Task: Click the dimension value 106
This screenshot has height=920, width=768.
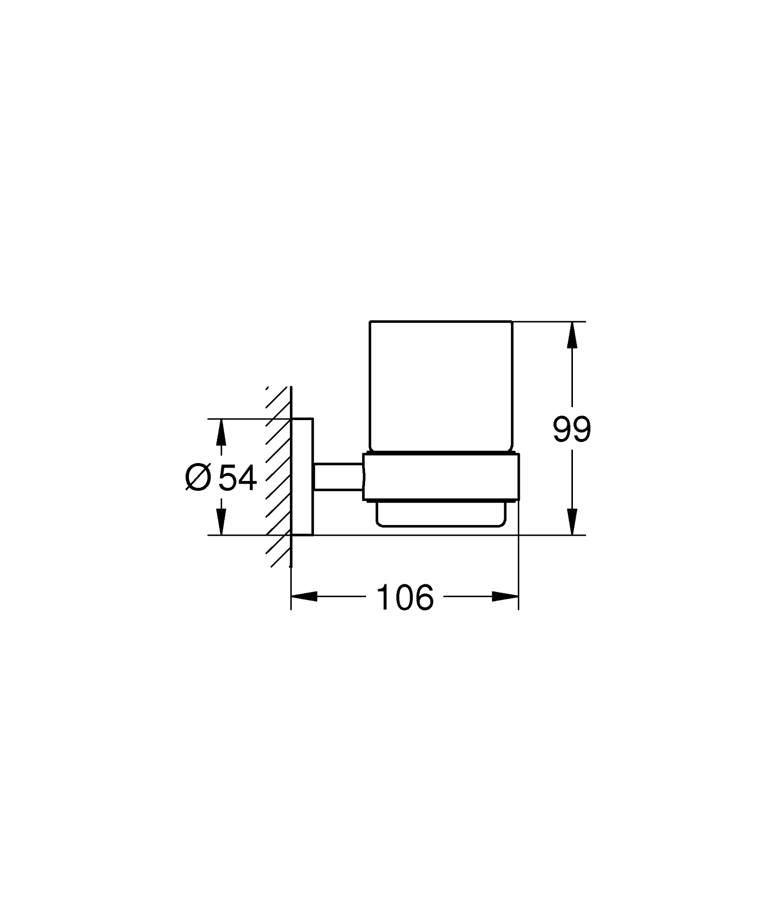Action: coord(405,597)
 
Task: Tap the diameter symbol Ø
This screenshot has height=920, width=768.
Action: coord(198,478)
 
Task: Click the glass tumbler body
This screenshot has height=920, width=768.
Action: coord(440,386)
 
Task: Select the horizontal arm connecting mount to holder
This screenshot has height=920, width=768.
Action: coord(338,476)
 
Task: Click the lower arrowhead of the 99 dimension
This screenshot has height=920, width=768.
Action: coord(572,523)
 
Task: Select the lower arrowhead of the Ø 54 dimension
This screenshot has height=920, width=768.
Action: coord(221,523)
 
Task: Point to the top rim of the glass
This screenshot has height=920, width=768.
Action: coord(440,322)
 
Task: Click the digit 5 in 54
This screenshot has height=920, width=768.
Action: coord(227,478)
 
